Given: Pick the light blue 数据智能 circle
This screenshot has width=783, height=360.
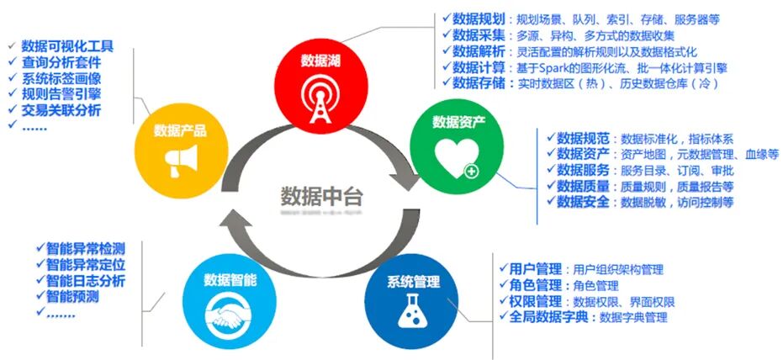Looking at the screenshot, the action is click(x=230, y=300).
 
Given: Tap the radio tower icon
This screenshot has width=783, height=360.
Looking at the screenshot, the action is click(x=323, y=92).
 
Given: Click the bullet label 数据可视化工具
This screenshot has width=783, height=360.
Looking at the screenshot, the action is click(x=67, y=46).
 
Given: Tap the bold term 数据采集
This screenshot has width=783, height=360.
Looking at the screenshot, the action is click(x=477, y=34).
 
